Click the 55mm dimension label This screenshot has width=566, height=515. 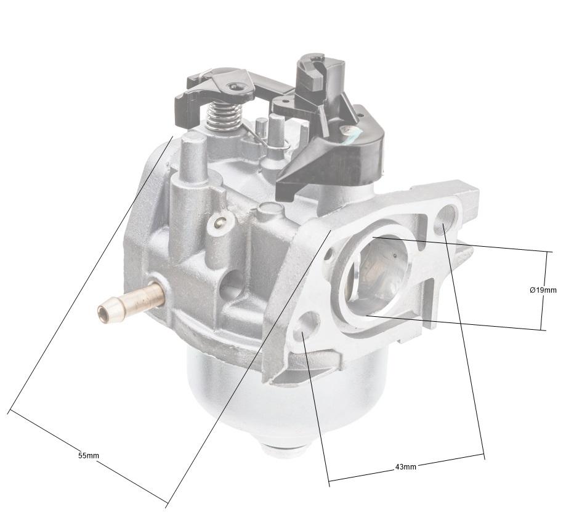click(x=88, y=455)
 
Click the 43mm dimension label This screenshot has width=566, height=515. click(x=405, y=467)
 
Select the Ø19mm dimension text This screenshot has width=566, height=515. click(x=543, y=290)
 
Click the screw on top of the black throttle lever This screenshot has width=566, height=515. click(x=235, y=87)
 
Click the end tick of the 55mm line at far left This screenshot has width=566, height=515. click(x=9, y=410)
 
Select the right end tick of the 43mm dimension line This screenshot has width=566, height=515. click(x=484, y=456)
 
